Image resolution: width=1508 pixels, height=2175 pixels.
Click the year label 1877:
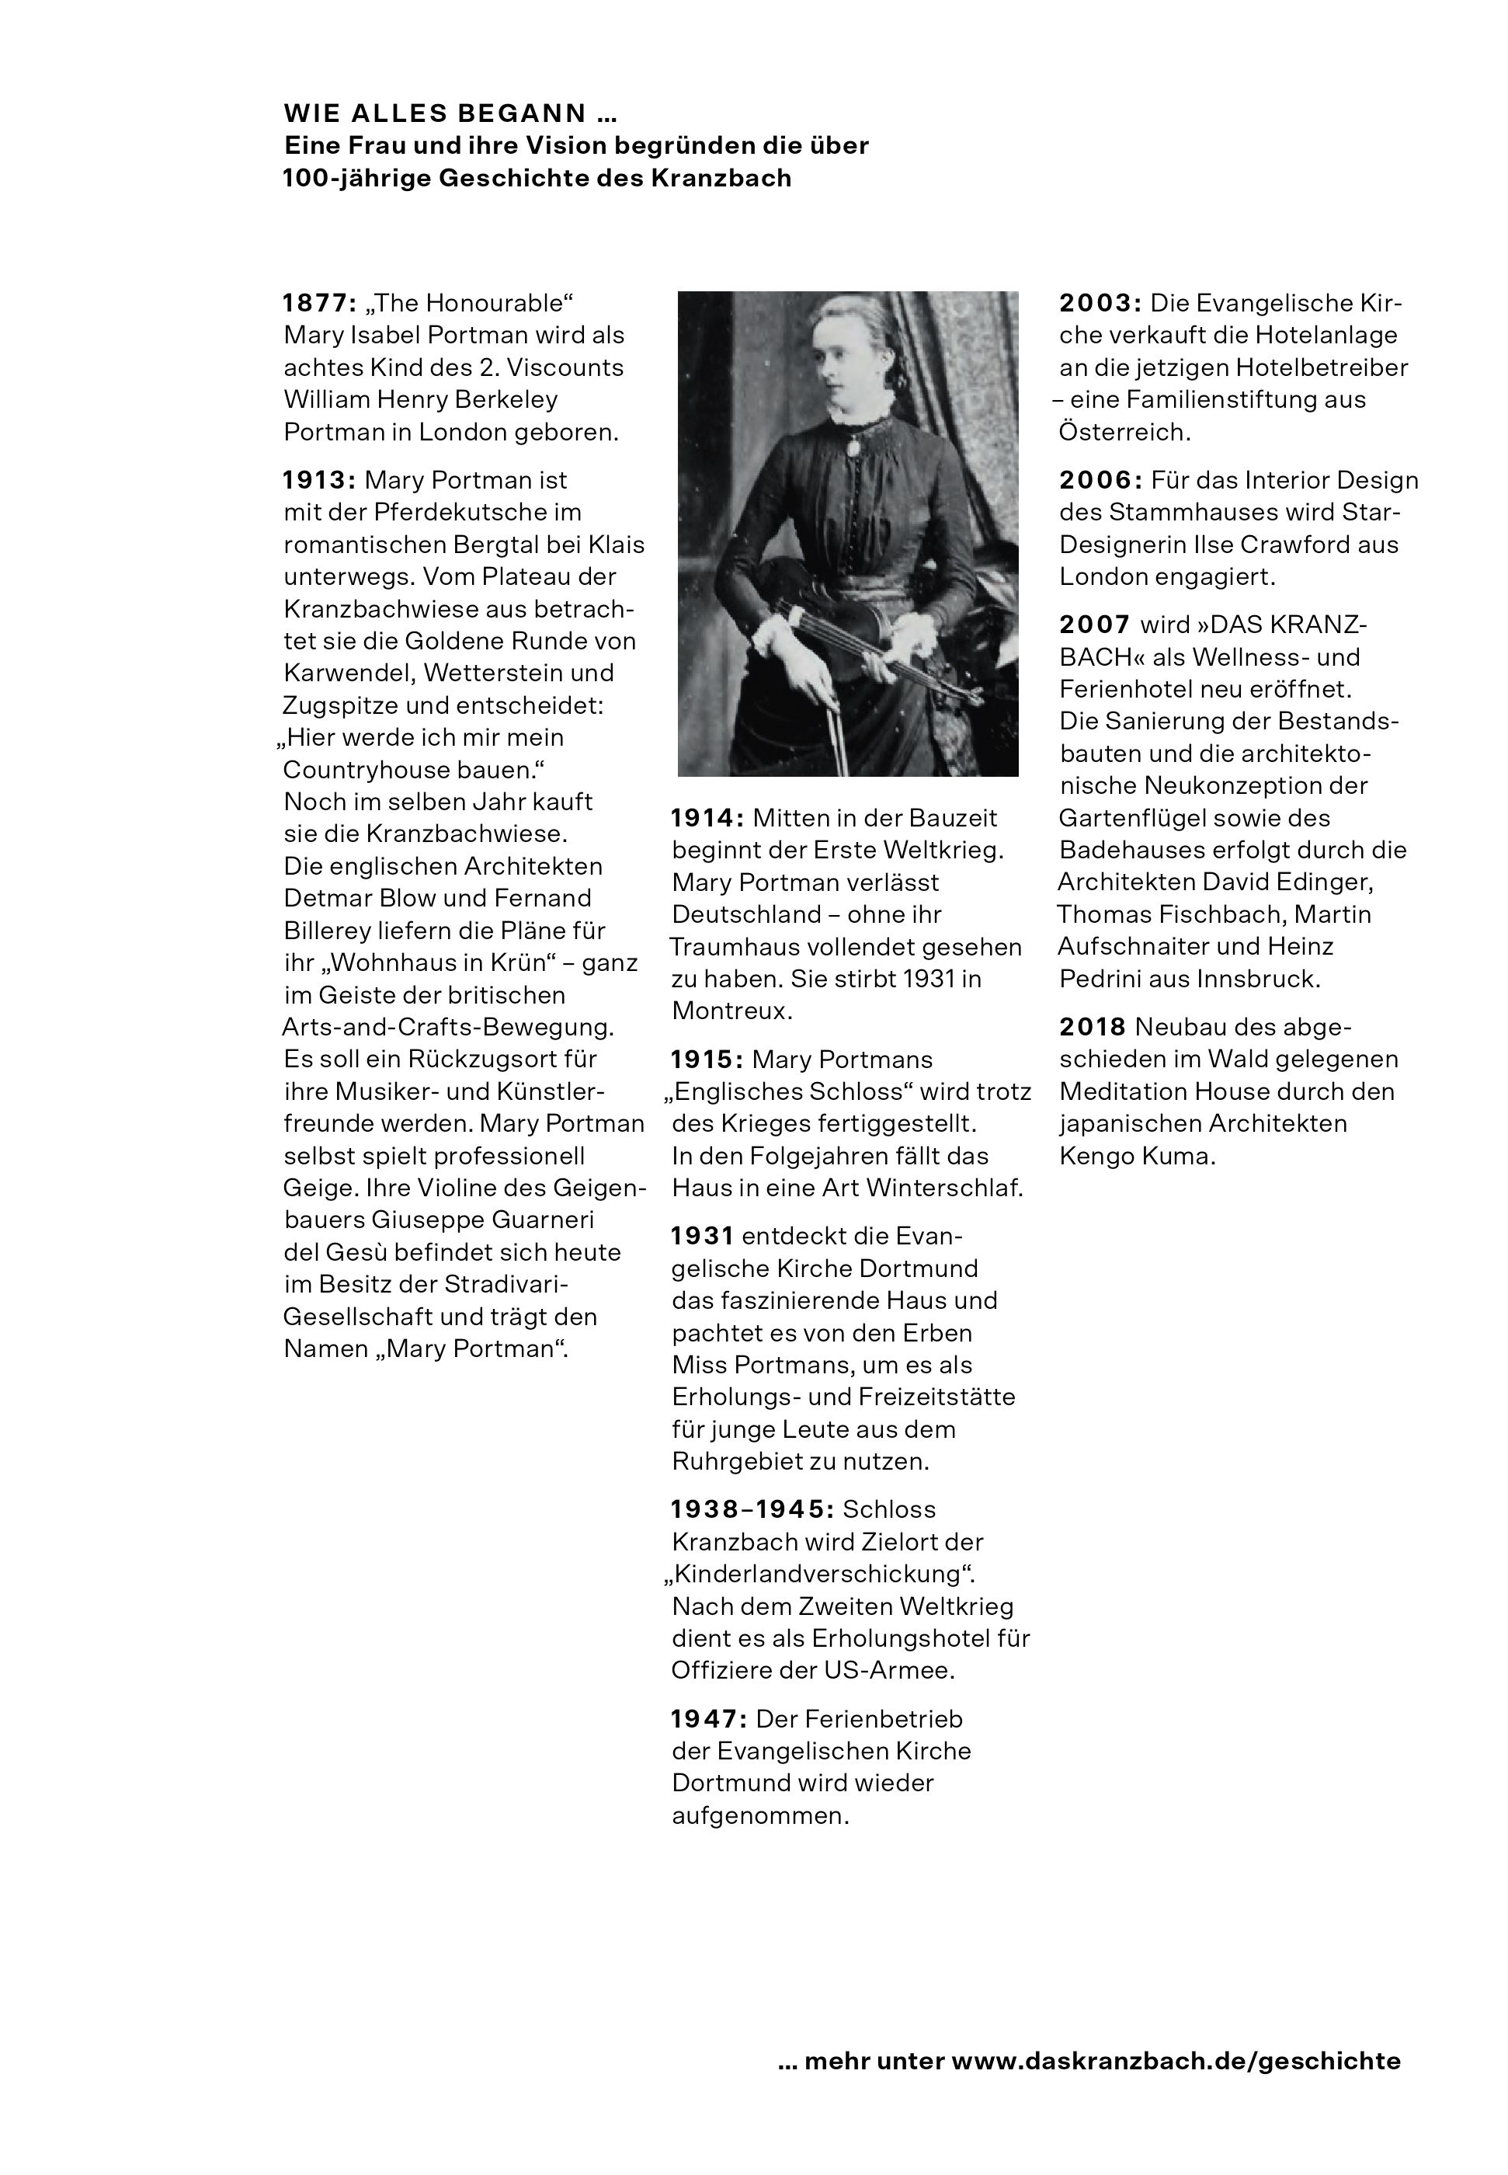[x=319, y=304]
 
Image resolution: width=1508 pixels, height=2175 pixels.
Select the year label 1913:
[x=319, y=480]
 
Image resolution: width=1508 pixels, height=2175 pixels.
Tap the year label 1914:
[x=707, y=819]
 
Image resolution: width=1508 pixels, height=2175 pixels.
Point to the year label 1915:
[x=707, y=1060]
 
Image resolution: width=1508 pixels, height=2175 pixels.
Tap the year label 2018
[x=1093, y=1028]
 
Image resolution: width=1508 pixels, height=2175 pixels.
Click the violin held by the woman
[x=879, y=642]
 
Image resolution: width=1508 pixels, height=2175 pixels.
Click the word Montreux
[x=731, y=1011]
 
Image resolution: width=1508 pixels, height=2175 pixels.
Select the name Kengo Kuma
[x=1137, y=1156]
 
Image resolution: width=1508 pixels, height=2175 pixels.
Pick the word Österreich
[x=1124, y=432]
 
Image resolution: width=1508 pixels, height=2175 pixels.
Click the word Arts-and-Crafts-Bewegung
[x=448, y=1028]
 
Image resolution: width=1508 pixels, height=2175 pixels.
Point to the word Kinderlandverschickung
[x=818, y=1574]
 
